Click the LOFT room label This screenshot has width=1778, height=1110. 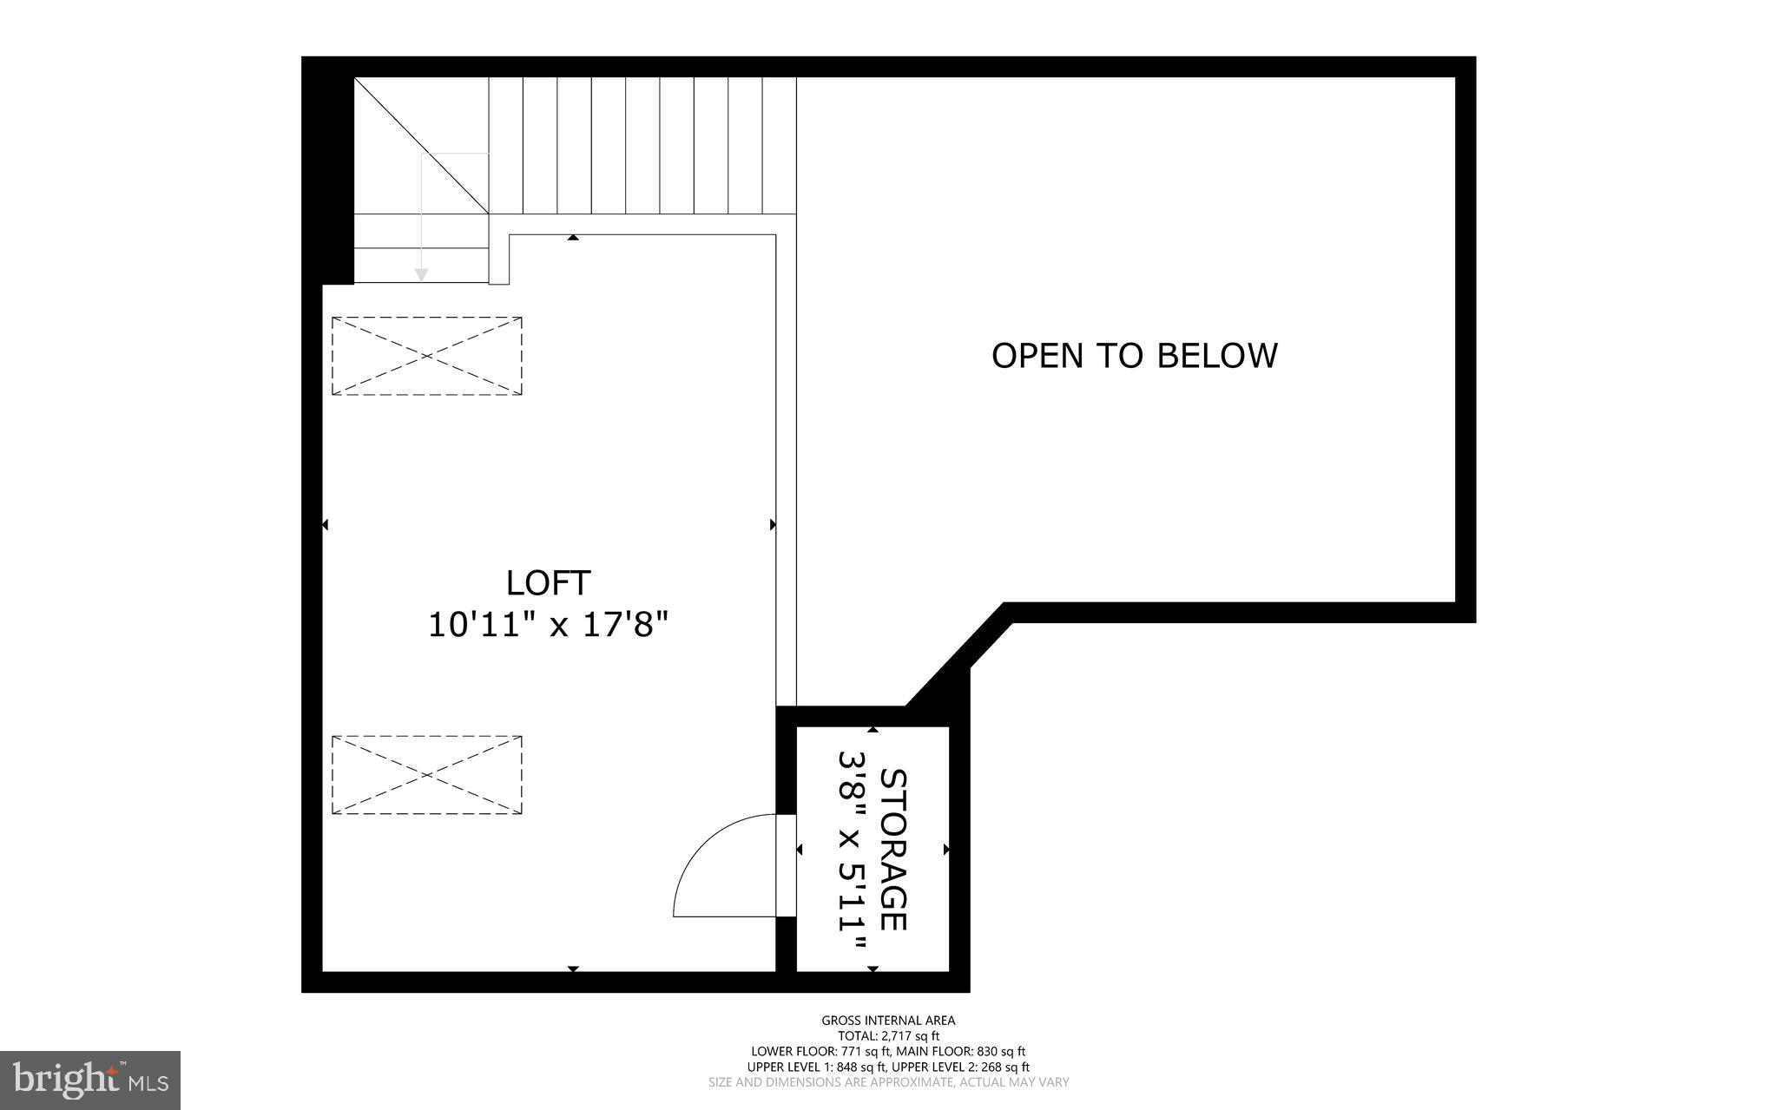point(549,583)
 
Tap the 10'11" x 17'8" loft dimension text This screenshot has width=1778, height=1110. point(549,625)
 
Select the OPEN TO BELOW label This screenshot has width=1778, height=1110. point(1134,356)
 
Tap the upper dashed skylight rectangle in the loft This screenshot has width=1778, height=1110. point(426,356)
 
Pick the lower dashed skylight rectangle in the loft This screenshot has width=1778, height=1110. point(426,775)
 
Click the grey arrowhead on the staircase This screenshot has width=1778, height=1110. point(421,274)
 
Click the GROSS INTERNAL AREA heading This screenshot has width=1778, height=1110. point(888,1021)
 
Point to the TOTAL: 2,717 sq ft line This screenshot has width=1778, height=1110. point(888,1036)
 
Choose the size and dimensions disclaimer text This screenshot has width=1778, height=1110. point(888,1083)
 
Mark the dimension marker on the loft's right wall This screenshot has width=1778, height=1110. point(773,525)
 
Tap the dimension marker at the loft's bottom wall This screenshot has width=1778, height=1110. point(573,969)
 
